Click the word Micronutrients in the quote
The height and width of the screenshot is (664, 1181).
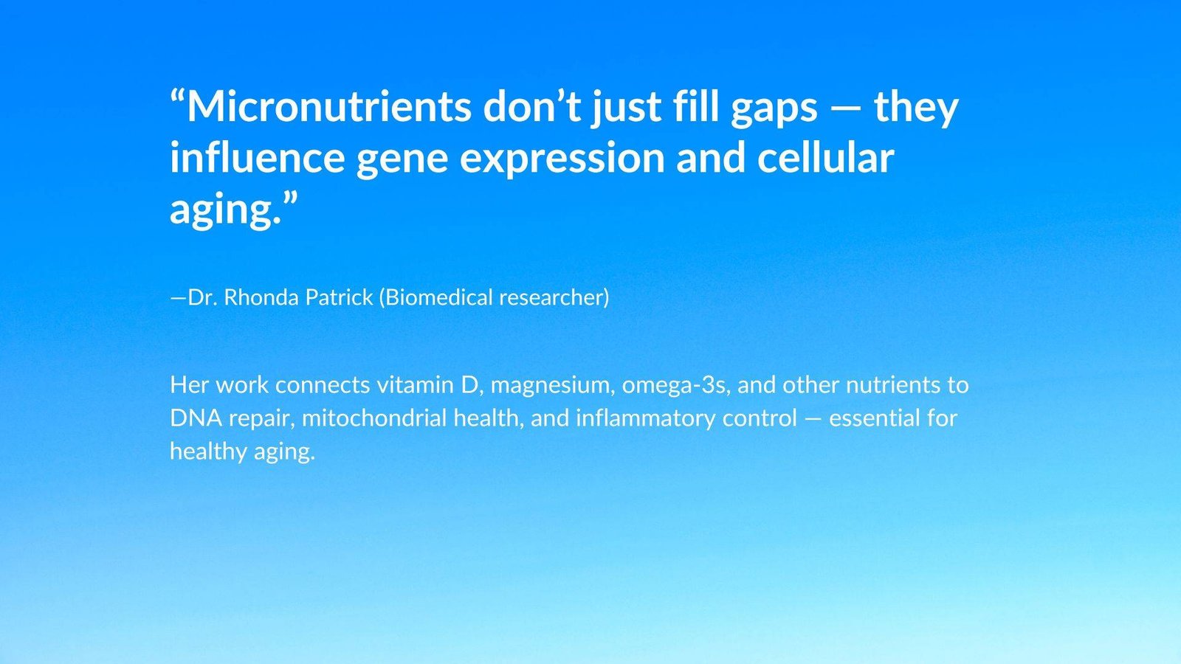coord(329,106)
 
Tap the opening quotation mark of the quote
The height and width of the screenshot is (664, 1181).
coord(178,97)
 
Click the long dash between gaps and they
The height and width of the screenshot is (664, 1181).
coord(846,108)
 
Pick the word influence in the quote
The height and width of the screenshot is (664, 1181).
coord(258,158)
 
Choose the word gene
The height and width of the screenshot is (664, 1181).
coord(402,162)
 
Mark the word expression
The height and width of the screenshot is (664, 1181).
coord(562,161)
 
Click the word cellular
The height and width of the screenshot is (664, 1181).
coord(826,158)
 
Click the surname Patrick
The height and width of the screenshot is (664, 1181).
coord(339,297)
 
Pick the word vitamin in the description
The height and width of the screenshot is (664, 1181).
coord(415,385)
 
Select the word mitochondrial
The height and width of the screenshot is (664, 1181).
coord(374,418)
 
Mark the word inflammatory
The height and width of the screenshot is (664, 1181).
coord(645,421)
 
